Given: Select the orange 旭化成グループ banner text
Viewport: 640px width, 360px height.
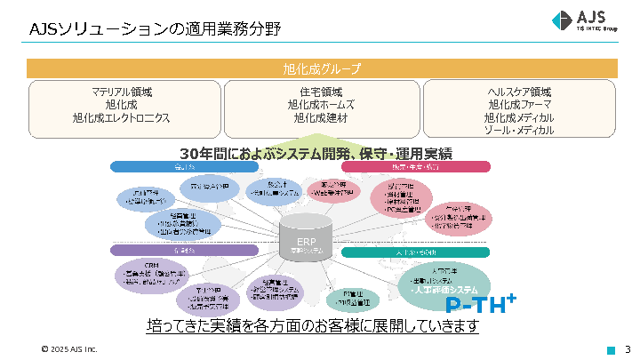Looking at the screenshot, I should coord(321,68).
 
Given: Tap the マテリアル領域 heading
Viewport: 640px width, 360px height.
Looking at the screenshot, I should coord(122,92).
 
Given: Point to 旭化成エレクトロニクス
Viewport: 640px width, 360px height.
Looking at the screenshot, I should coord(122,117).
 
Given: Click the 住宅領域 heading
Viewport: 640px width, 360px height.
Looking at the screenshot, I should coord(321,92).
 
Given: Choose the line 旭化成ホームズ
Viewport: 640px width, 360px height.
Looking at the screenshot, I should coord(321,105).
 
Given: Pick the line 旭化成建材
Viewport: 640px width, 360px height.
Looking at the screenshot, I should coord(321,117).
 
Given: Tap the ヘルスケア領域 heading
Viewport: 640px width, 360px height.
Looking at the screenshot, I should coord(520,92).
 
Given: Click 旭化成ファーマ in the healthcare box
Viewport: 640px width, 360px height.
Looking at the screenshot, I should coord(520,105).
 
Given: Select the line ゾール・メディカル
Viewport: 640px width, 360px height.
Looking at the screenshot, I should coord(520,130).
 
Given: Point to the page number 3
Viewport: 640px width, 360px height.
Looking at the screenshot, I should coord(628,348).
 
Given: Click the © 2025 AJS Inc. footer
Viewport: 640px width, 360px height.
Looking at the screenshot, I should coord(68,348).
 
